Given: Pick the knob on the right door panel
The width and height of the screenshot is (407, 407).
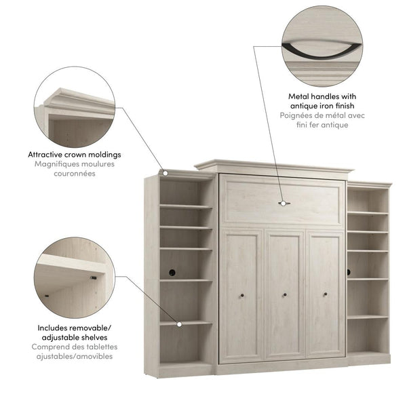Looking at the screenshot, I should (x=325, y=294).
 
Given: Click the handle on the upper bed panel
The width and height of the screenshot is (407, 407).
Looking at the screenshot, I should (x=285, y=202).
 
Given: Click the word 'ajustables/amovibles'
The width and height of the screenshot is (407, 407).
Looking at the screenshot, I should (x=75, y=357).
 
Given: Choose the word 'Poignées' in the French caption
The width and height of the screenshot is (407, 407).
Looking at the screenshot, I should (x=296, y=116).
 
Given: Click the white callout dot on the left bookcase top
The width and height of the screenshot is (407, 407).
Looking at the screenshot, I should (x=163, y=173).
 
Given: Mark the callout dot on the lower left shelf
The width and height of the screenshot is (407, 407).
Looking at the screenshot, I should (x=179, y=324).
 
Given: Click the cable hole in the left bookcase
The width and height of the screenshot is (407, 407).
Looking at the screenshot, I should (x=172, y=272).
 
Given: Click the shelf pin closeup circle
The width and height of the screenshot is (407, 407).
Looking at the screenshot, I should (x=75, y=275).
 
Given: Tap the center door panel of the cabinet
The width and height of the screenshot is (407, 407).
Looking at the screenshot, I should (x=285, y=294).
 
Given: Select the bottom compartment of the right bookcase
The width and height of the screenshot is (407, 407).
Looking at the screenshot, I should (x=368, y=336).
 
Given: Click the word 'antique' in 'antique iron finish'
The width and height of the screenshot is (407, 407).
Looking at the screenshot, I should (x=303, y=106).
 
